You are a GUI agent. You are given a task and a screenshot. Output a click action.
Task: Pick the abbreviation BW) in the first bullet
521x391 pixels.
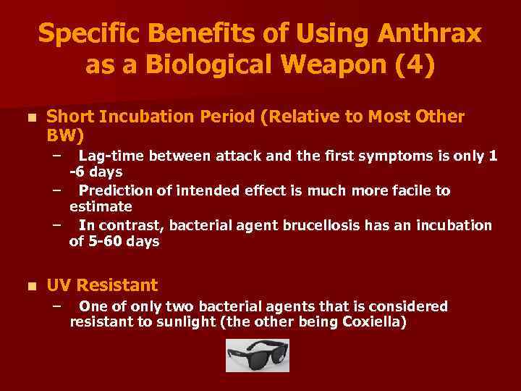click(65, 135)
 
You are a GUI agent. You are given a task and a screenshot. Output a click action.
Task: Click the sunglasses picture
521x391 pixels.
click(257, 355)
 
